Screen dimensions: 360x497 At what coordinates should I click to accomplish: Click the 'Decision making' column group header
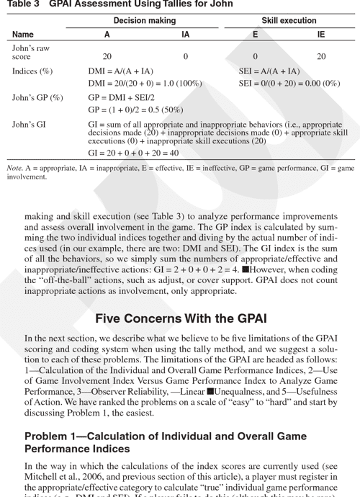pos(144,21)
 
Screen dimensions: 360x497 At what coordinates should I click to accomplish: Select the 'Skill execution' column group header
pos(289,21)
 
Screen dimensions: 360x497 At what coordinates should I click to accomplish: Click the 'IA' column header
pos(185,35)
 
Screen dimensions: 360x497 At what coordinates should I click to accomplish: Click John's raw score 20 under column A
pos(107,56)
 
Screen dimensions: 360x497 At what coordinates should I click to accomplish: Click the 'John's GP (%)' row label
pos(37,98)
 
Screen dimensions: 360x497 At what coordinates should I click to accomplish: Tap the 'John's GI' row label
pos(29,125)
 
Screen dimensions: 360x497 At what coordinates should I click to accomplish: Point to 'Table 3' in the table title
pos(26,5)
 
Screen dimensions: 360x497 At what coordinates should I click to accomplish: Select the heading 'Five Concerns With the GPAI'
pos(180,319)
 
